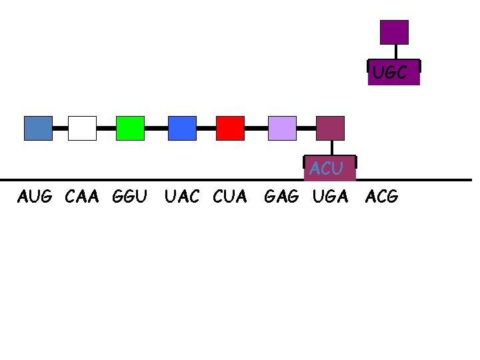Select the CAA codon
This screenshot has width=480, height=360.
(x=82, y=197)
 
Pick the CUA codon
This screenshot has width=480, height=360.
(x=230, y=197)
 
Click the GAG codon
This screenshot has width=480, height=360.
(x=281, y=197)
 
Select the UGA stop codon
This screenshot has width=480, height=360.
(x=330, y=197)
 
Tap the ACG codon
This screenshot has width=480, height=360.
(x=382, y=197)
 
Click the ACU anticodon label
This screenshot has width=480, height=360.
(x=327, y=169)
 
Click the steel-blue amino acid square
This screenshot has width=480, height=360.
(x=38, y=128)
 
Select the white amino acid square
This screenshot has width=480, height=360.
(x=82, y=128)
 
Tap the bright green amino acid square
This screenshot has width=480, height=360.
(x=130, y=128)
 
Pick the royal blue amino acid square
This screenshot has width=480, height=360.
(x=182, y=128)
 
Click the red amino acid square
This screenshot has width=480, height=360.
(x=230, y=128)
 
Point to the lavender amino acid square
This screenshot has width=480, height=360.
(x=282, y=128)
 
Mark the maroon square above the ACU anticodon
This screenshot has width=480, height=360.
(x=330, y=128)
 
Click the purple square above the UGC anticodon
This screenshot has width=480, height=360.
(x=394, y=32)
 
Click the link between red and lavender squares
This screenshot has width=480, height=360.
(x=256, y=127)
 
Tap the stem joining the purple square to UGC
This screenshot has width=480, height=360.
(x=396, y=52)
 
